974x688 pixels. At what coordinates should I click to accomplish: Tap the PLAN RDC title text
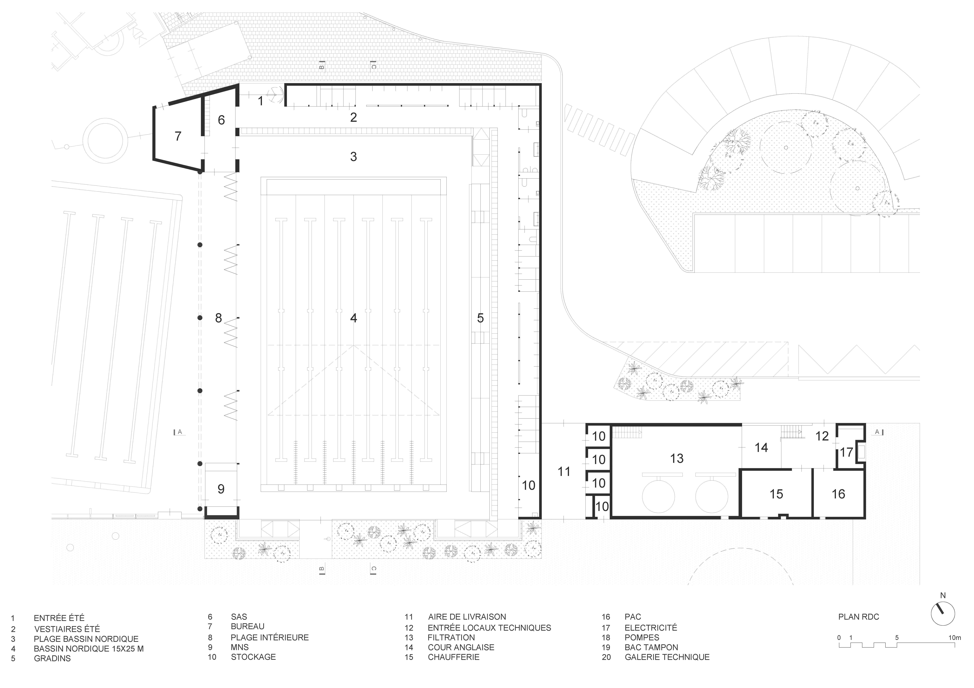click(859, 617)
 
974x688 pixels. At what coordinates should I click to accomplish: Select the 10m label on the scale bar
click(955, 638)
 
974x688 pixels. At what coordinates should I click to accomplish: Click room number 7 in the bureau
click(178, 136)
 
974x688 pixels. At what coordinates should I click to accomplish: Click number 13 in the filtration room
click(677, 459)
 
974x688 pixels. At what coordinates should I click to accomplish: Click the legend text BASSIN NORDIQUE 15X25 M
click(89, 649)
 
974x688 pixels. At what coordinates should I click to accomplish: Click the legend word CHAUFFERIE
click(454, 657)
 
